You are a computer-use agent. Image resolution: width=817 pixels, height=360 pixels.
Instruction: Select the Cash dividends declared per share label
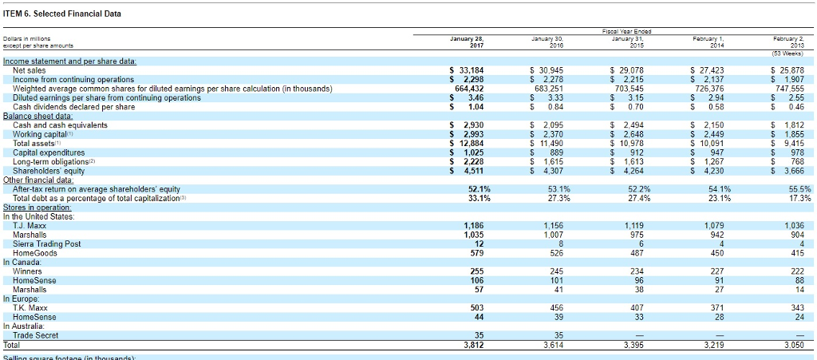73,106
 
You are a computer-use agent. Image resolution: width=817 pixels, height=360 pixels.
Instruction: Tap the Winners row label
27,271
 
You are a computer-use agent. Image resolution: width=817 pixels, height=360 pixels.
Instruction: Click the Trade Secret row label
37,335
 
